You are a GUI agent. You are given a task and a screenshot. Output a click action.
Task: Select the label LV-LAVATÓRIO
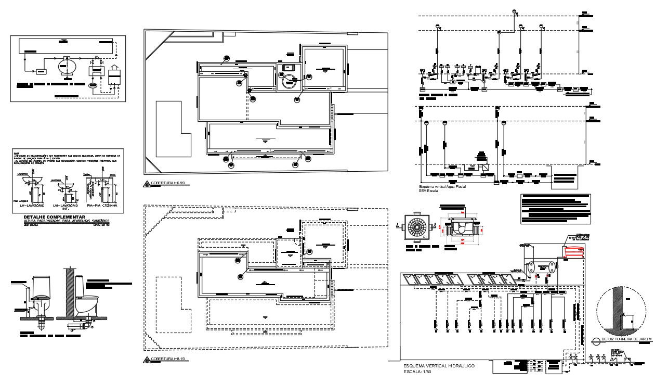click(34, 207)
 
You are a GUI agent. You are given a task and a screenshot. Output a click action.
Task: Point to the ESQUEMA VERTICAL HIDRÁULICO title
click(439, 366)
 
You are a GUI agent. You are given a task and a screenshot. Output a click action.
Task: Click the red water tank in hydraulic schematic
click(574, 251)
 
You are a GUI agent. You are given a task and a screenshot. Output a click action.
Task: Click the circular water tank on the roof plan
click(288, 81)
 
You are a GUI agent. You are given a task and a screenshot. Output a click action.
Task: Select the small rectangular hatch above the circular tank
click(287, 67)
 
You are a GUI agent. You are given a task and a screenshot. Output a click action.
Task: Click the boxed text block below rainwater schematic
click(555, 209)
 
